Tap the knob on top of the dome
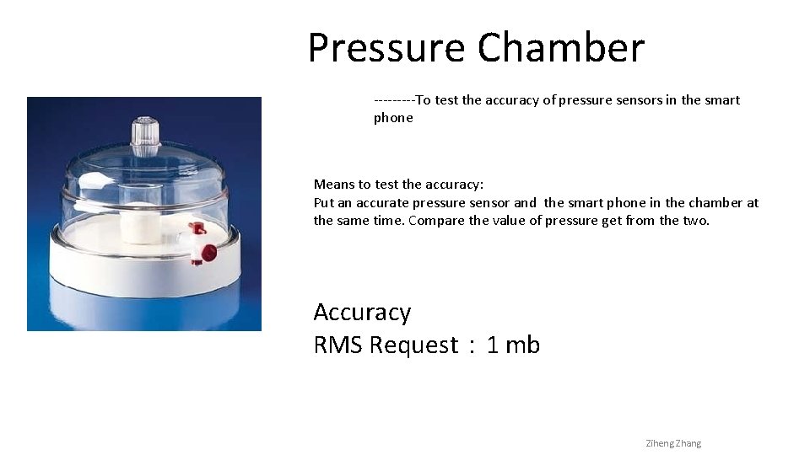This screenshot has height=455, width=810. pyautogui.click(x=145, y=136)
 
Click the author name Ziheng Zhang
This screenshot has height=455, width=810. pyautogui.click(x=672, y=443)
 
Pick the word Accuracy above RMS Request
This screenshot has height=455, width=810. pyautogui.click(x=362, y=313)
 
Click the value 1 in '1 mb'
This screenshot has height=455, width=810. pyautogui.click(x=492, y=345)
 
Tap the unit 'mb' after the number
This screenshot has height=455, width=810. pyautogui.click(x=522, y=345)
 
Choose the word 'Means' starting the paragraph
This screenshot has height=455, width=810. pyautogui.click(x=333, y=185)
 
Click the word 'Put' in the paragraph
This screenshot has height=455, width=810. pyautogui.click(x=324, y=203)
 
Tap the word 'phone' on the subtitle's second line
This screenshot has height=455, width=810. pyautogui.click(x=393, y=118)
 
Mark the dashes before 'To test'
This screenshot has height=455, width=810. pyautogui.click(x=394, y=100)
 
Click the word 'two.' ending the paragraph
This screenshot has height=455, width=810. pyautogui.click(x=696, y=221)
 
